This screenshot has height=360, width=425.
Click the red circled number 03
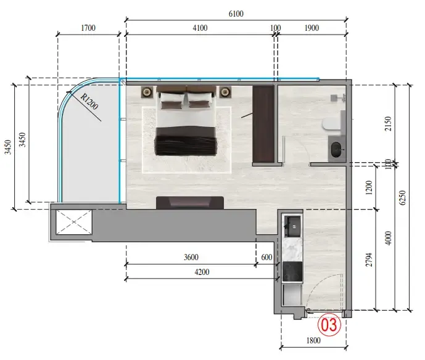click(329, 324)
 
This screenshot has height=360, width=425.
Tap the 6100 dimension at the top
click(236, 14)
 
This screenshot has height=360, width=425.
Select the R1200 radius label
click(89, 102)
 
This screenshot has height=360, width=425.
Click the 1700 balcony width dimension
click(88, 28)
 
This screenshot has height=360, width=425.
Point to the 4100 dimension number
click(200, 28)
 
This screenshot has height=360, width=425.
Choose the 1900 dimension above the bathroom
click(312, 28)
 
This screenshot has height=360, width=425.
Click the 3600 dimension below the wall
click(191, 257)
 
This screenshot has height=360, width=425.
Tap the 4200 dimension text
click(202, 272)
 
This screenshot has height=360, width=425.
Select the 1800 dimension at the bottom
click(313, 340)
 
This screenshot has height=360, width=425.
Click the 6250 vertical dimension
click(403, 197)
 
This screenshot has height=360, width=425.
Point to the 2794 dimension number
click(369, 260)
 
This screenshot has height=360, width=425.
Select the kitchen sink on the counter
click(293, 226)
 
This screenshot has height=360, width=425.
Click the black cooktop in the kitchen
click(292, 271)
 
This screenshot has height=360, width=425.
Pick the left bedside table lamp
click(147, 92)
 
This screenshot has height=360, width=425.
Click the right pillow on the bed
click(200, 100)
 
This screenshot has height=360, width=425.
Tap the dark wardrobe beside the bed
click(263, 124)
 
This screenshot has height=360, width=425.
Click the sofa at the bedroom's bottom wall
click(190, 203)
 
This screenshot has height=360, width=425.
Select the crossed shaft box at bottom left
click(74, 222)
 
